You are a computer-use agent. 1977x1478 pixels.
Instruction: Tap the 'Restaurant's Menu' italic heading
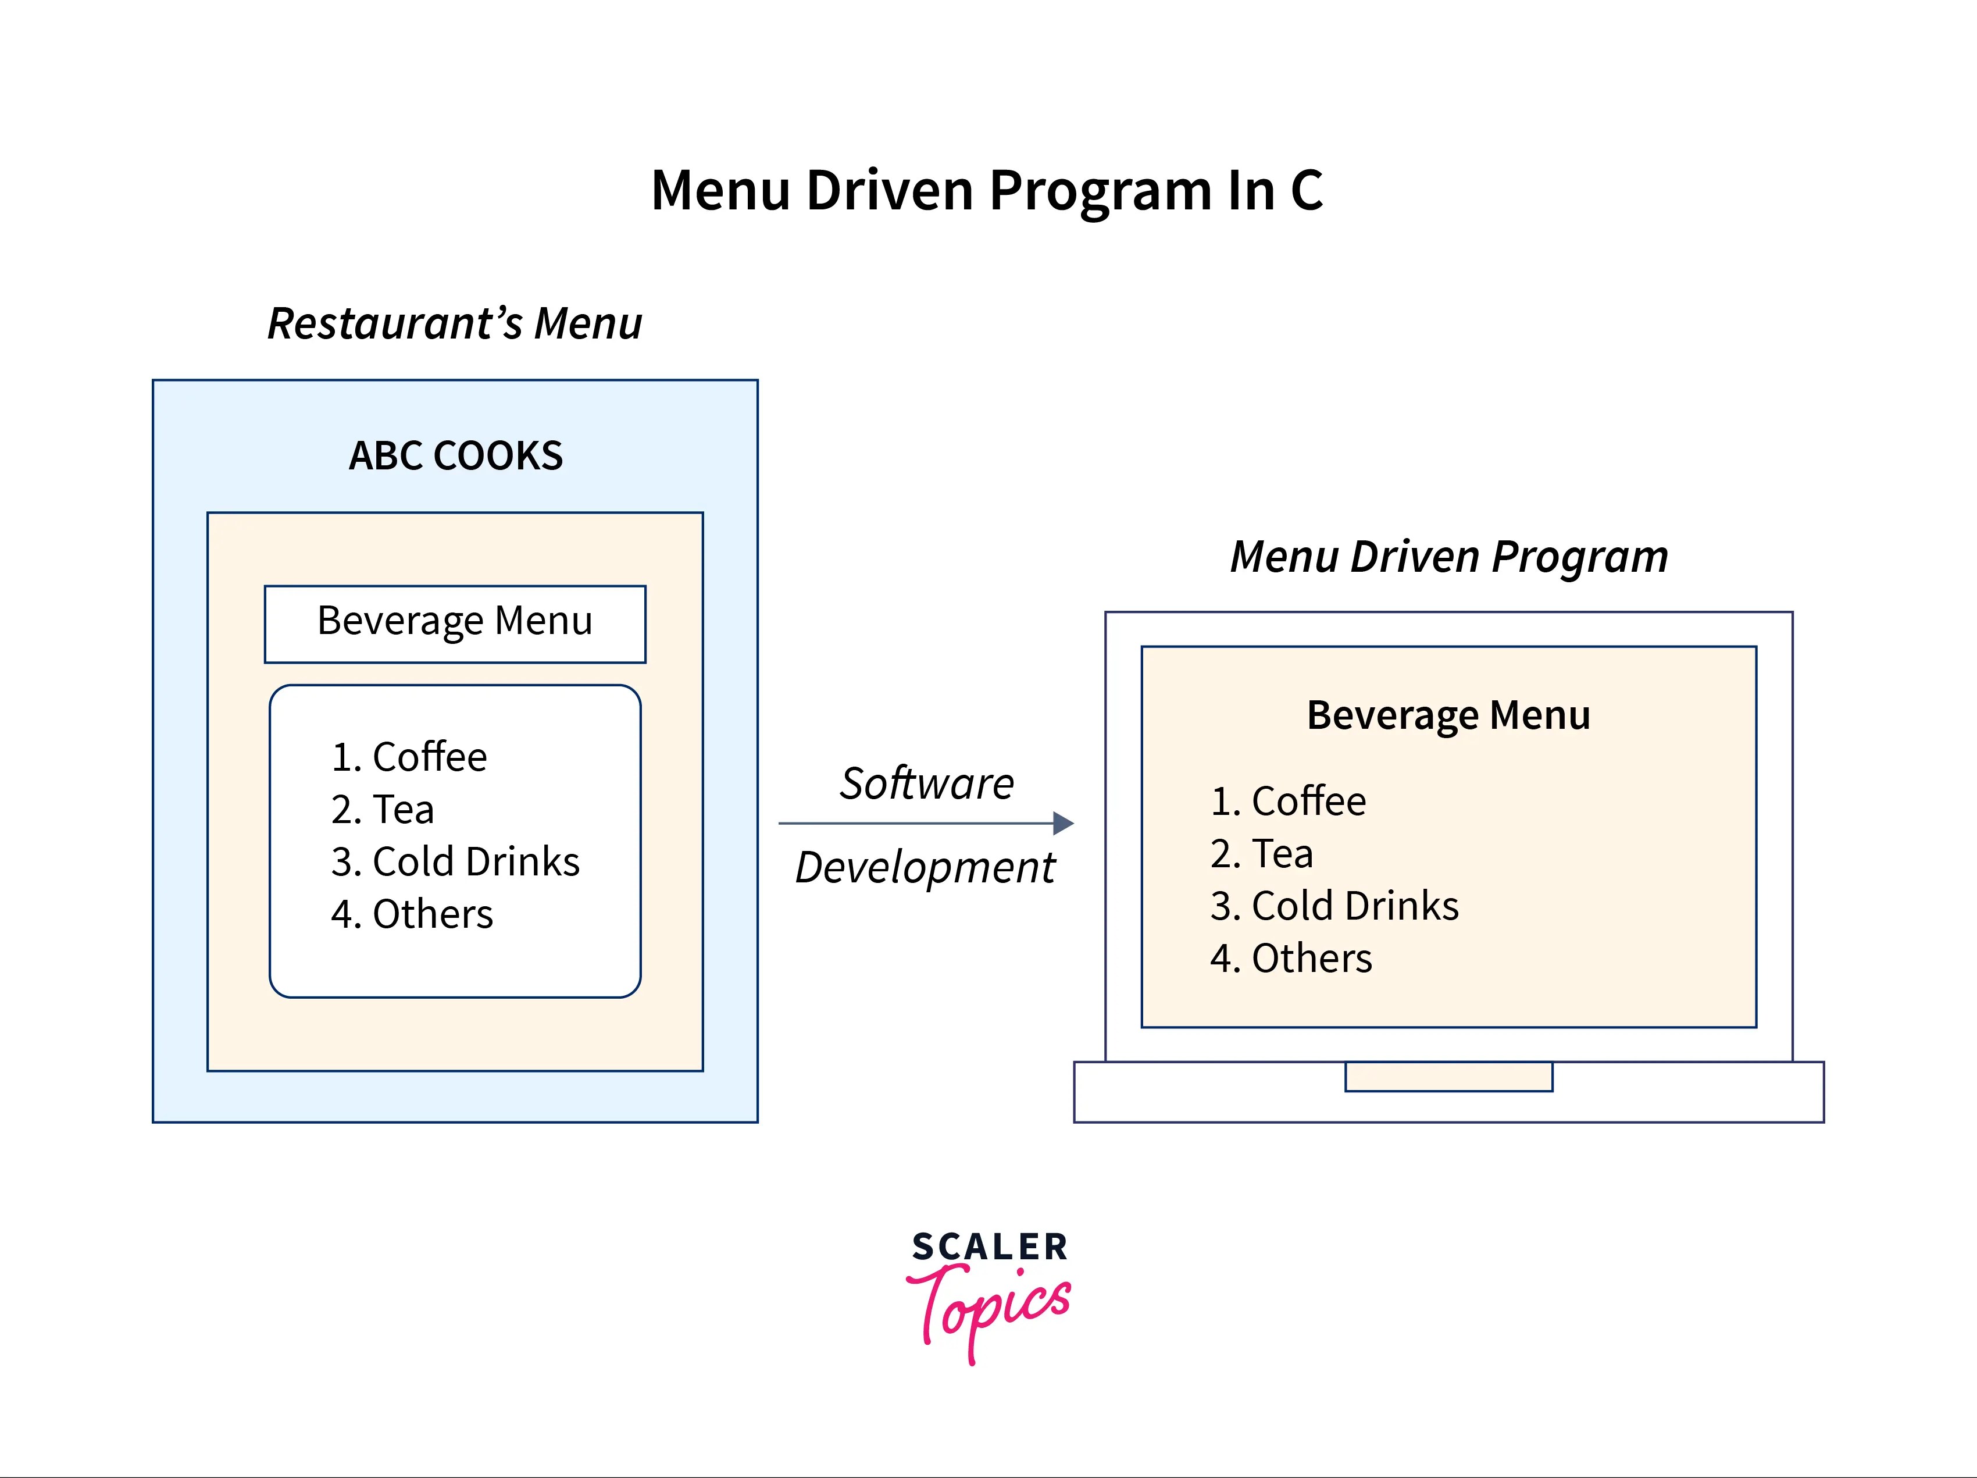point(455,323)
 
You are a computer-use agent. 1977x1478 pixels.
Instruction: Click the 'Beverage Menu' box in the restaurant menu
point(455,623)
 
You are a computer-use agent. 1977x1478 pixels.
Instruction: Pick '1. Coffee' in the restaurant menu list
point(409,757)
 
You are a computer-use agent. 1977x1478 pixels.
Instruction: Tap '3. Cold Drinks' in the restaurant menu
point(455,862)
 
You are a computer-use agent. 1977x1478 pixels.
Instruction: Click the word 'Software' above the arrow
point(927,783)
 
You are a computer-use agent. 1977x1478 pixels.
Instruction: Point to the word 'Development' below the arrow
point(926,867)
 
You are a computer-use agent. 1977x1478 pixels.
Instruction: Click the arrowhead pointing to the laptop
point(1063,824)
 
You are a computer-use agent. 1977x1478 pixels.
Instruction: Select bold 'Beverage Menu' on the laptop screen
point(1449,715)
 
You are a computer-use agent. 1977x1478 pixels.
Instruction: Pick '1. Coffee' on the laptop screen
point(1288,801)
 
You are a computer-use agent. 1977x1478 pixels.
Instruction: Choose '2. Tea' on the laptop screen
point(1262,854)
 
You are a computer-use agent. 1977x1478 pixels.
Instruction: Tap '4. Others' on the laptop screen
point(1291,959)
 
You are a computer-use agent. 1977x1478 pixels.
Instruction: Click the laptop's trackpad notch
point(1449,1077)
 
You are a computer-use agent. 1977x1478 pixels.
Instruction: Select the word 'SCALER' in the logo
point(990,1246)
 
